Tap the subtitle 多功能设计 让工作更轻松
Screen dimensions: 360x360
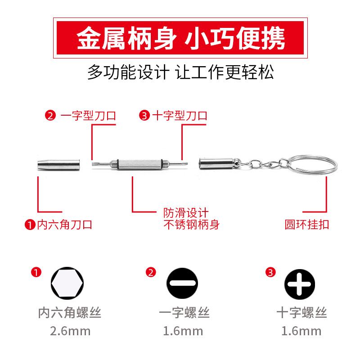pyautogui.click(x=180, y=72)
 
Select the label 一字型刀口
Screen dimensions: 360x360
pyautogui.click(x=88, y=116)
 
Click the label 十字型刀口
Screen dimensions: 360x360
pyautogui.click(x=180, y=116)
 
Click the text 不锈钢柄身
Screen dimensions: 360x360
pyautogui.click(x=191, y=224)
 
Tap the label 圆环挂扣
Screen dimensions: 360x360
pyautogui.click(x=307, y=224)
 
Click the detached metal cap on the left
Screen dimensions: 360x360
pyautogui.click(x=58, y=164)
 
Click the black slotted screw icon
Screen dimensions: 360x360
pyautogui.click(x=182, y=285)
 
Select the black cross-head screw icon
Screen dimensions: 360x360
pyautogui.click(x=300, y=285)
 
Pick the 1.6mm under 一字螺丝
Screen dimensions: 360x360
pyautogui.click(x=183, y=332)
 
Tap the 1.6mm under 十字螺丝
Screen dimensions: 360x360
pyautogui.click(x=301, y=332)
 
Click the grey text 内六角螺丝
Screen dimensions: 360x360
pyautogui.click(x=70, y=312)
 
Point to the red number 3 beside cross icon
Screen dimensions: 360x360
pyautogui.click(x=270, y=272)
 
